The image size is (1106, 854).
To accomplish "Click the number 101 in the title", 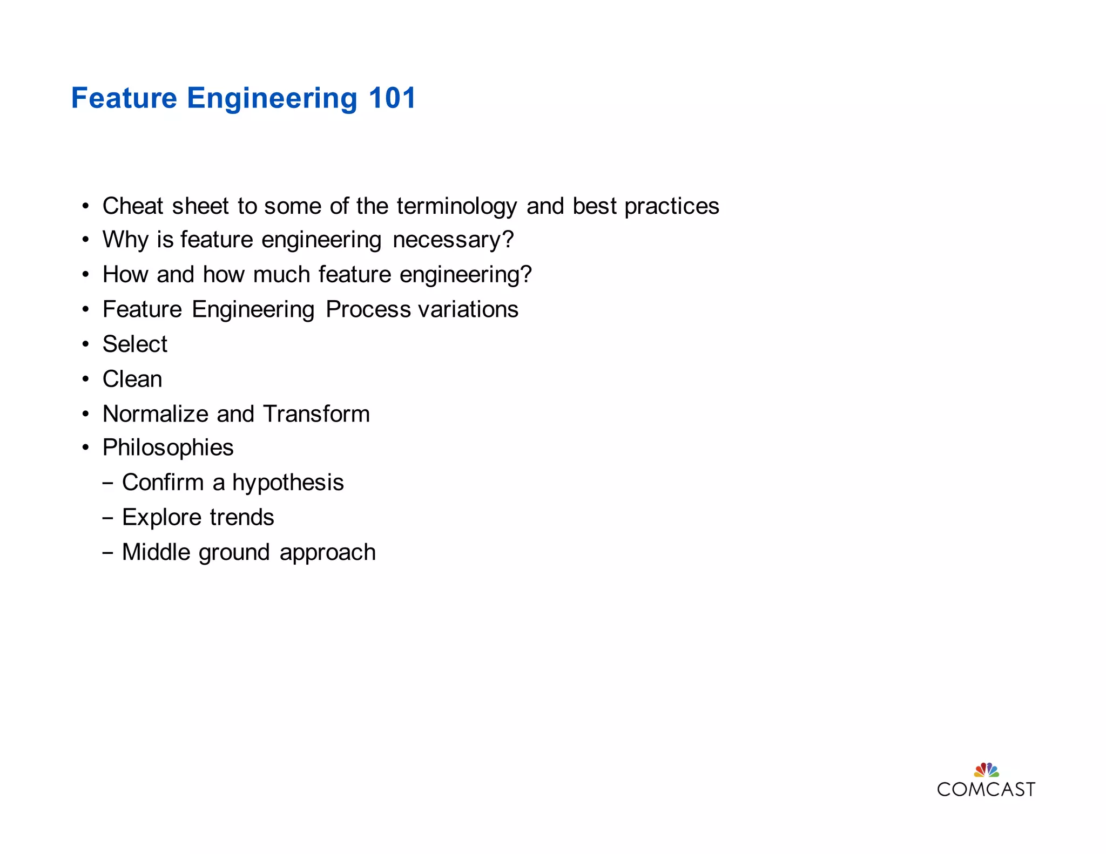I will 392,98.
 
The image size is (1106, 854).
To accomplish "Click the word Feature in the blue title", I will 124,98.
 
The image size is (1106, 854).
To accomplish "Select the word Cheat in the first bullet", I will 133,206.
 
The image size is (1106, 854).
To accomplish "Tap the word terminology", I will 457,207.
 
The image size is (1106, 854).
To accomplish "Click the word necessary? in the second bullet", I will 453,240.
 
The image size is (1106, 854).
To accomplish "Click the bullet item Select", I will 135,344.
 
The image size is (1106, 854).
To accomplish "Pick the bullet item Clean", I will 132,379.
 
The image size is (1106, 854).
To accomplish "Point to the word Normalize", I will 156,414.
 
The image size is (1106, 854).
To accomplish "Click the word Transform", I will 316,414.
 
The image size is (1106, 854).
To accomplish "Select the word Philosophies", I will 168,448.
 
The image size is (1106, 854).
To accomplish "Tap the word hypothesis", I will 288,483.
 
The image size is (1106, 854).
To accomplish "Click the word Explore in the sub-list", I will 161,518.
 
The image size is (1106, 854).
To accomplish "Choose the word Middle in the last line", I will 156,552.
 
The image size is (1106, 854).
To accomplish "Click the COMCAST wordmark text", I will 986,790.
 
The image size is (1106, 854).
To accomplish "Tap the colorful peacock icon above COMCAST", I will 986,769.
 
